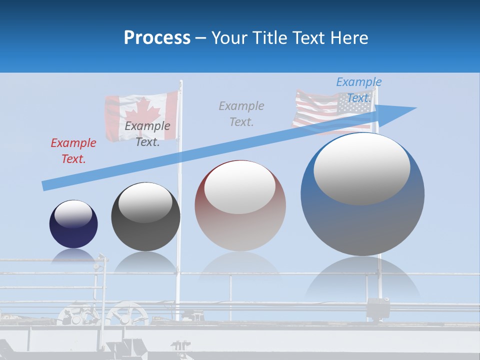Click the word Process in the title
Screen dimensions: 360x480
click(x=157, y=37)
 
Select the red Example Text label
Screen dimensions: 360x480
click(x=73, y=151)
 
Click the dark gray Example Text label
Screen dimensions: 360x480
click(x=147, y=134)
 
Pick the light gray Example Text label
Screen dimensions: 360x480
click(x=241, y=113)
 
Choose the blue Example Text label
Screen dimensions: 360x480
click(x=358, y=89)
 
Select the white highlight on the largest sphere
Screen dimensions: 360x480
click(x=361, y=168)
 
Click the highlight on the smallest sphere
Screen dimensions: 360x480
click(x=73, y=214)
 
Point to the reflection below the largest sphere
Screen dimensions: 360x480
click(x=362, y=280)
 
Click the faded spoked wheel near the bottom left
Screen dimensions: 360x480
click(x=126, y=315)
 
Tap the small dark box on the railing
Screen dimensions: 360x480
click(x=378, y=305)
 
